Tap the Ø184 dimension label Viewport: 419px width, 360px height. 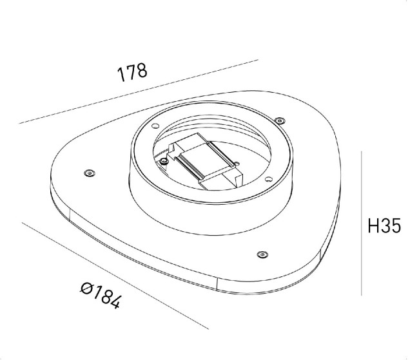pos(101,296)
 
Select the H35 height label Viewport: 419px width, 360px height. pos(384,226)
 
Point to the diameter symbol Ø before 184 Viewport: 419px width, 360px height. pos(87,288)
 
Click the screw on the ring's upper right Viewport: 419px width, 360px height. pos(278,120)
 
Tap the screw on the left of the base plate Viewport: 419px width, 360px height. pos(89,172)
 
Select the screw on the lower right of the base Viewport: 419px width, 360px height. pos(261,254)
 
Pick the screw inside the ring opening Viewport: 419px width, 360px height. pos(165,159)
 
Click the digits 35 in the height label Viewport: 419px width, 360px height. pos(392,226)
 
